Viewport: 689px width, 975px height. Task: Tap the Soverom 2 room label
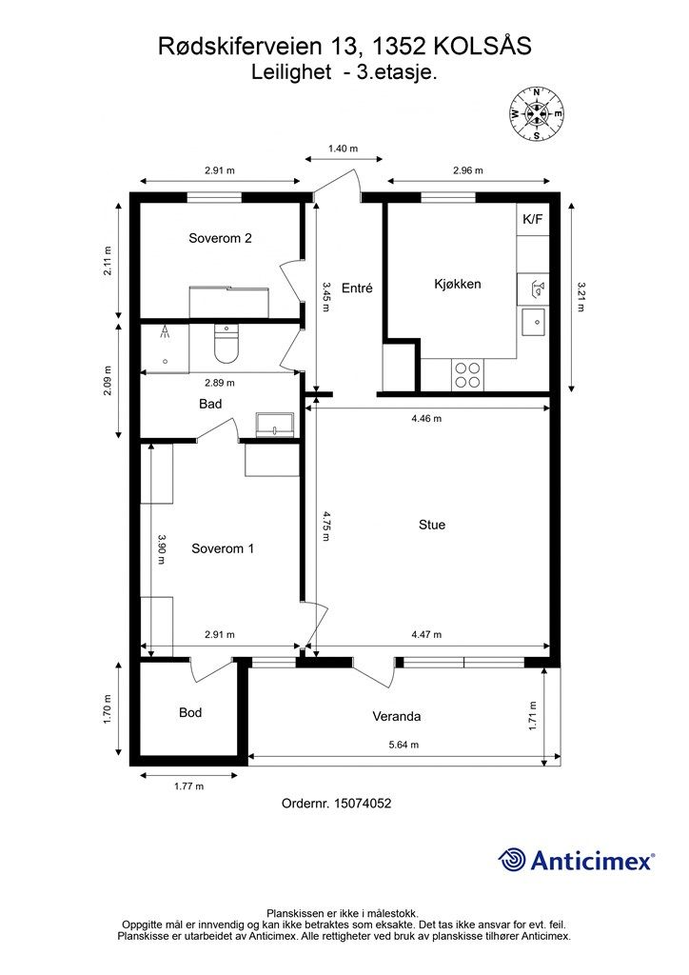[220, 238]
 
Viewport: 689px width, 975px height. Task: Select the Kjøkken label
[457, 284]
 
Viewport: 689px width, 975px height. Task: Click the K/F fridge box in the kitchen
[532, 219]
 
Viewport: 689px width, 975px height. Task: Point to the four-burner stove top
[468, 375]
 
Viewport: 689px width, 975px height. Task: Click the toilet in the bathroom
[226, 343]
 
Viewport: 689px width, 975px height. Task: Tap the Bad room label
[210, 404]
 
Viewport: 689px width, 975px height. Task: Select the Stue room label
[432, 525]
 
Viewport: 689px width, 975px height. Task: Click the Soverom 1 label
[223, 548]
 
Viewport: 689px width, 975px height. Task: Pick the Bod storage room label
[190, 712]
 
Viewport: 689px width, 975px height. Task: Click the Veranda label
[397, 716]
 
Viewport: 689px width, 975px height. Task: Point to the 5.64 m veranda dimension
[404, 745]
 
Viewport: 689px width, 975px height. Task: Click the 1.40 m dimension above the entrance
[343, 149]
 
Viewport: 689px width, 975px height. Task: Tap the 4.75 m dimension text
[326, 526]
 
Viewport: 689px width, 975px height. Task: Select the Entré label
[357, 288]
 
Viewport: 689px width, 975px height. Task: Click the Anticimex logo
[576, 860]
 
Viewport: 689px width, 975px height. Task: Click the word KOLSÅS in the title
[482, 46]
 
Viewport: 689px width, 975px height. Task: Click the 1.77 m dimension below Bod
[188, 786]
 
